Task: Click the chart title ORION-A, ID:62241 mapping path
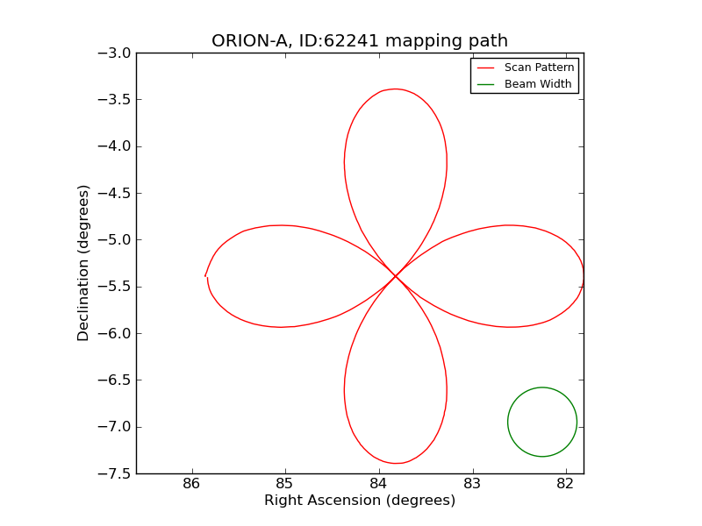click(360, 41)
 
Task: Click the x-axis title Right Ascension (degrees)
click(360, 501)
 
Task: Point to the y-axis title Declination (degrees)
click(84, 263)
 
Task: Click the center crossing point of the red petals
click(395, 276)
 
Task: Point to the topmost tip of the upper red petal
click(396, 89)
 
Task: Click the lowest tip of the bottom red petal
click(396, 463)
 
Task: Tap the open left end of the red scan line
click(205, 276)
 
